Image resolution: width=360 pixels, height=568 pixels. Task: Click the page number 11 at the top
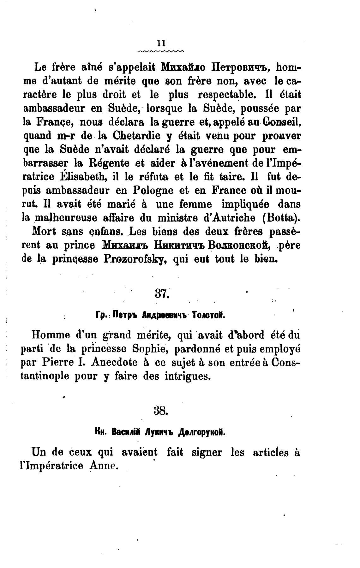161,43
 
